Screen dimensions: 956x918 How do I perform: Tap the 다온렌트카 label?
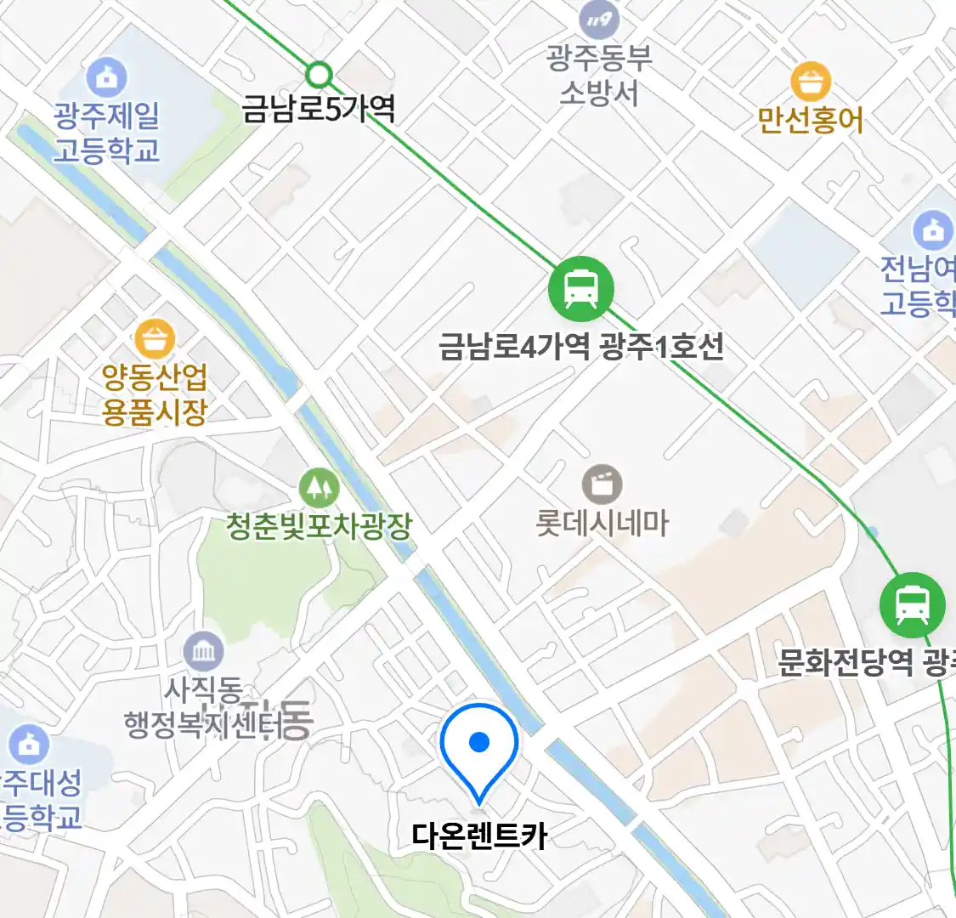pyautogui.click(x=479, y=836)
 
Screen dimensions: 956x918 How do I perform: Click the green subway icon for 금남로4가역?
pyautogui.click(x=581, y=287)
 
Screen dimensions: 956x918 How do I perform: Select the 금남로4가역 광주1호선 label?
pyautogui.click(x=581, y=347)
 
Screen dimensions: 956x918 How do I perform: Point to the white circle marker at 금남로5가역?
pyautogui.click(x=319, y=75)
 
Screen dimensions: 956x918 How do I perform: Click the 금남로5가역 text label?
pyautogui.click(x=319, y=109)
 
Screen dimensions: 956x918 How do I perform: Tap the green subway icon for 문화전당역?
pyautogui.click(x=913, y=605)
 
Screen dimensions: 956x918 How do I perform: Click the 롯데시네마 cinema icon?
pyautogui.click(x=602, y=485)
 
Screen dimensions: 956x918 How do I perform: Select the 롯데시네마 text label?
pyautogui.click(x=602, y=523)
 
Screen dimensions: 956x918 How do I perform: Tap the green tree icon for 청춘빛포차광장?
pyautogui.click(x=320, y=487)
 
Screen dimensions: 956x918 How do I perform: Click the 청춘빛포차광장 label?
pyautogui.click(x=320, y=526)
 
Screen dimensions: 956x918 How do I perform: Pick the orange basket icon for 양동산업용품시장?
pyautogui.click(x=155, y=339)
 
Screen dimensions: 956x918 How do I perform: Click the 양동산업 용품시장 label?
pyautogui.click(x=155, y=394)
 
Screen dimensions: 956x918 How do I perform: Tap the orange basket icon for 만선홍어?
pyautogui.click(x=810, y=82)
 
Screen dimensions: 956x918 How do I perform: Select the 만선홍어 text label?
pyautogui.click(x=810, y=120)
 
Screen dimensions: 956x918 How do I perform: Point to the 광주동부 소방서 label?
pyautogui.click(x=599, y=75)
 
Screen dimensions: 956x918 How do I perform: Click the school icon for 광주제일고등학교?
pyautogui.click(x=107, y=78)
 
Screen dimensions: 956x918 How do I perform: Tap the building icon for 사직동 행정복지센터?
pyautogui.click(x=204, y=652)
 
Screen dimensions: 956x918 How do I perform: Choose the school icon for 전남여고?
pyautogui.click(x=933, y=229)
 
